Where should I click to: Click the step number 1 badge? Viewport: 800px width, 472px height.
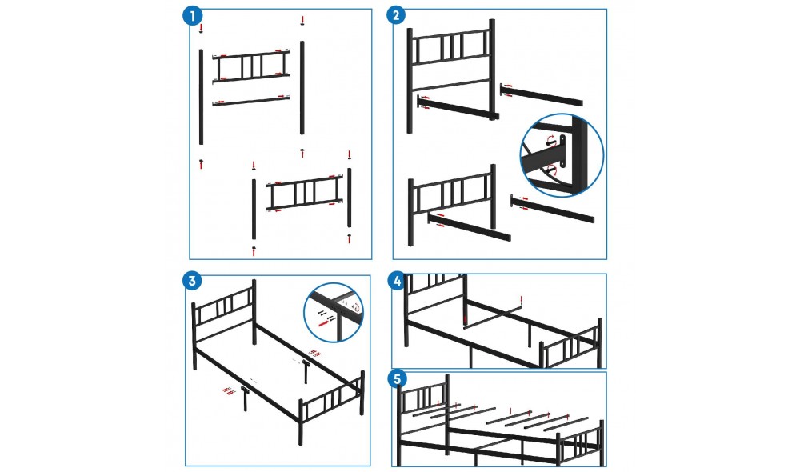192,16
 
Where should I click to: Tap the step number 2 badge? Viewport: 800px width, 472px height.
396,15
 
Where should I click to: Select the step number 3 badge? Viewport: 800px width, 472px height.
192,281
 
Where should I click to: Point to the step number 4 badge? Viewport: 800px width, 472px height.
397,281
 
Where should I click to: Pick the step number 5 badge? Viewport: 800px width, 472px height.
398,378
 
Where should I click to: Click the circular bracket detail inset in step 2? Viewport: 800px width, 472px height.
562,155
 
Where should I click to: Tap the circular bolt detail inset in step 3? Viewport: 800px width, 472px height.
334,312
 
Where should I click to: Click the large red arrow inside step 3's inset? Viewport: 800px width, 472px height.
324,323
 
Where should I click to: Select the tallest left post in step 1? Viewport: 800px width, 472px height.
201,97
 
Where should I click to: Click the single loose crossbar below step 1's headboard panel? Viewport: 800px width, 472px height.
251,100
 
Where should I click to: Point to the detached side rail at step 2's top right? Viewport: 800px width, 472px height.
542,95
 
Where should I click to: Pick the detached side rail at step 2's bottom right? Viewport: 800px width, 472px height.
553,209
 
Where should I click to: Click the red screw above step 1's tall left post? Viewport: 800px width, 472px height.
201,28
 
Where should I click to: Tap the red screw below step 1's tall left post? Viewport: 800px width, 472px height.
201,164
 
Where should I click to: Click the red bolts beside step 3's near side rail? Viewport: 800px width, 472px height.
229,391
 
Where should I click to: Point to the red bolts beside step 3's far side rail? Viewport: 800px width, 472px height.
314,352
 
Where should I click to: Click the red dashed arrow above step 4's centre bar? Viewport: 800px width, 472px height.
521,301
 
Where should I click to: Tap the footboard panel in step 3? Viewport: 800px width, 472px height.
332,401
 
